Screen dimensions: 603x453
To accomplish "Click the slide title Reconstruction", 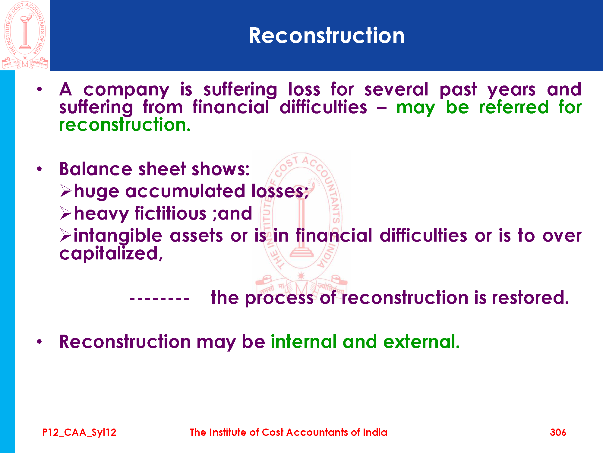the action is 327,36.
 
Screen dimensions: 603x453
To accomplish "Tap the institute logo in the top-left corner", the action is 25,35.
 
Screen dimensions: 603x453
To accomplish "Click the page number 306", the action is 558,432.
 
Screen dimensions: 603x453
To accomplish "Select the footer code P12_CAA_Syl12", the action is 79,432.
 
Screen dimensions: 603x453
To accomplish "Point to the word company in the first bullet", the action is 126,90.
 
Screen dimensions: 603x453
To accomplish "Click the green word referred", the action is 514,108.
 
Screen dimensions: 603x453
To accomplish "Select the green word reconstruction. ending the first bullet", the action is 125,125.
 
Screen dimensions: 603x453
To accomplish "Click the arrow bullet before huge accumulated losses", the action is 65,191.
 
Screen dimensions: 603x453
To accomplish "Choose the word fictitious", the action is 170,213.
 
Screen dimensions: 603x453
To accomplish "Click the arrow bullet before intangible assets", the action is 65,235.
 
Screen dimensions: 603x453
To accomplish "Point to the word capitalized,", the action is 111,253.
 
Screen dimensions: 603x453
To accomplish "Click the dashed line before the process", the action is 159,299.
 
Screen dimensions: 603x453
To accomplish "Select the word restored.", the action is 530,297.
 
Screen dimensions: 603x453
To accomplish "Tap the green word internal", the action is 304,342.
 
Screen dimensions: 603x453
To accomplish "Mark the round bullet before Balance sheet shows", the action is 39,169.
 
